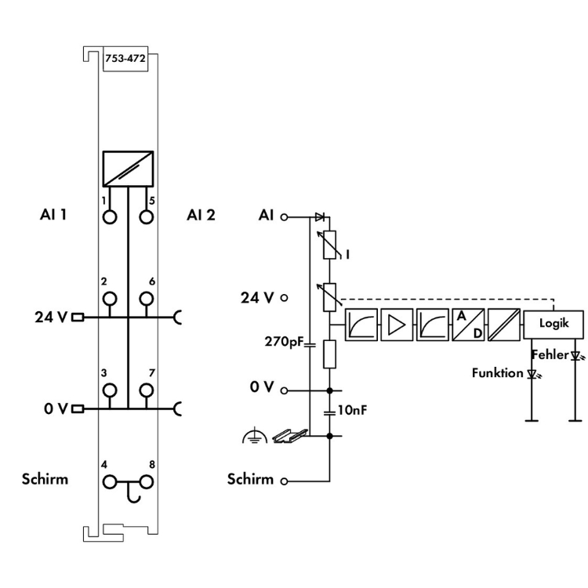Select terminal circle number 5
146,216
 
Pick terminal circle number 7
146,390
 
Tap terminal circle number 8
146,481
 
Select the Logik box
554,322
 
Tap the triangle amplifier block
397,324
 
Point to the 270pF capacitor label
285,342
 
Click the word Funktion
497,372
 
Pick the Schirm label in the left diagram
45,479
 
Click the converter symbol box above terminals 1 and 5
127,169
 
